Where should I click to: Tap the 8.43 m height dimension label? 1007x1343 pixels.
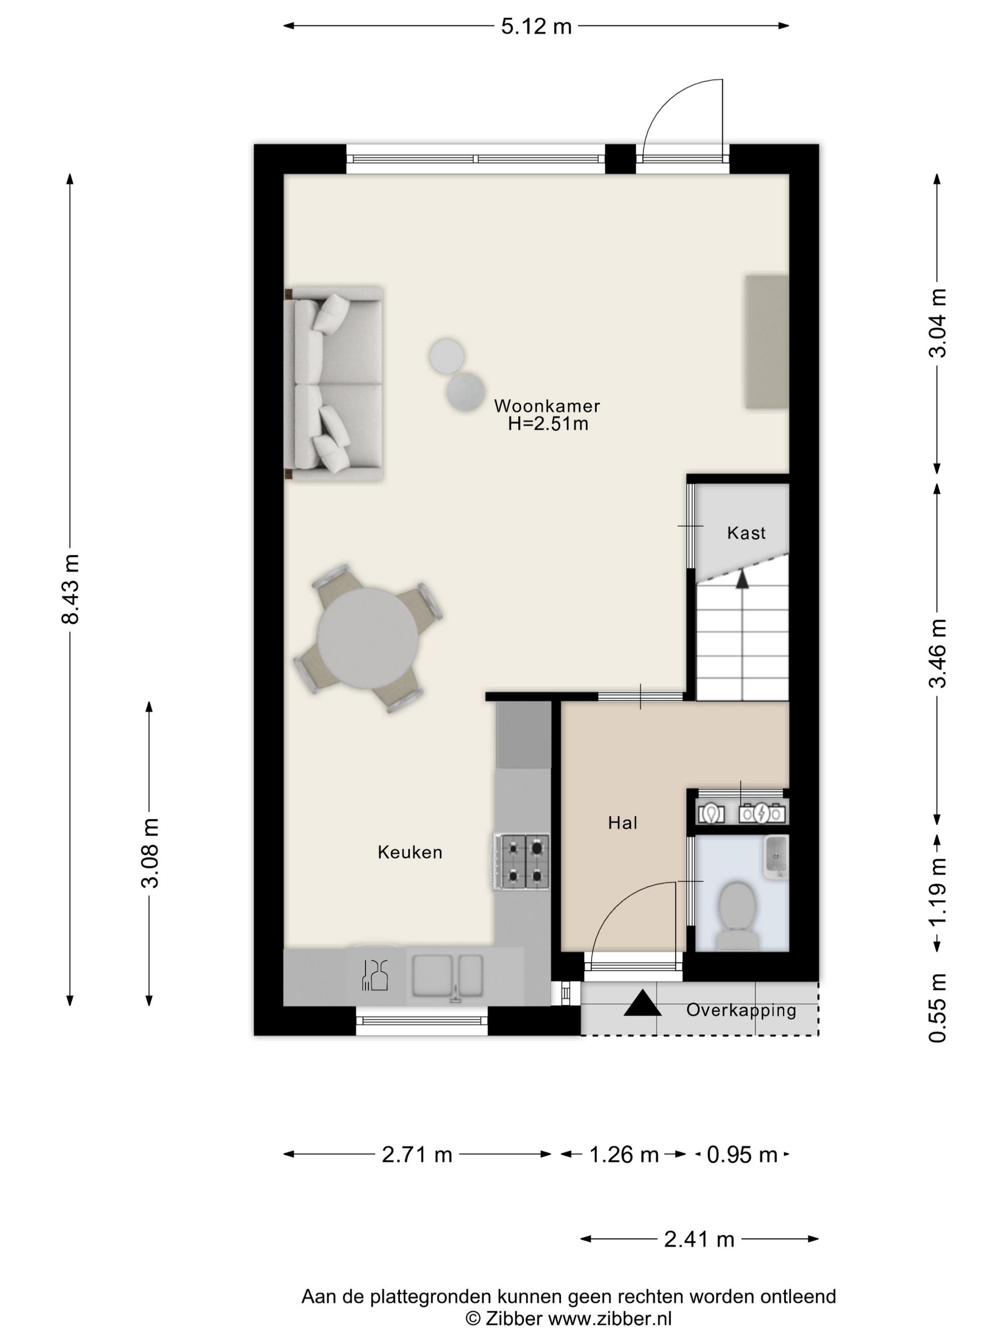(70, 589)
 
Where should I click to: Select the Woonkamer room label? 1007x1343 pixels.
(547, 406)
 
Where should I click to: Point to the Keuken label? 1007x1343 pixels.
(410, 852)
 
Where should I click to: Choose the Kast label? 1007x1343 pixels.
(746, 533)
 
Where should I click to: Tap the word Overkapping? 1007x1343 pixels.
(741, 1010)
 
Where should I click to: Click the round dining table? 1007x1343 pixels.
(367, 638)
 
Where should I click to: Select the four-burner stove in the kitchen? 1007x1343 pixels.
(521, 862)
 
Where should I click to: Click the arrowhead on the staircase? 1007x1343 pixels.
(742, 579)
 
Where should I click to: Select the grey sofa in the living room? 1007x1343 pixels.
(333, 384)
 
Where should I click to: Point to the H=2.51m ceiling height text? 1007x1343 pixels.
(548, 424)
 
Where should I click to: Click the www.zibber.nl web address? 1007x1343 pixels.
(610, 1330)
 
